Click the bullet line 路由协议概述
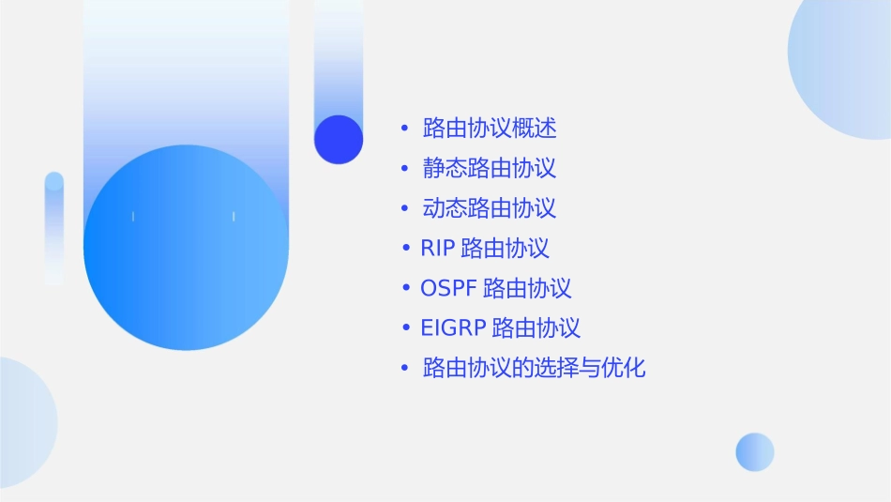coord(490,128)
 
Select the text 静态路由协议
coord(490,168)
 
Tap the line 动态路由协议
coord(490,207)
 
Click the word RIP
coord(437,249)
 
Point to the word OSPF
coord(448,288)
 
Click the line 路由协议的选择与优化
coord(535,368)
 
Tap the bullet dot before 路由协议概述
coord(403,128)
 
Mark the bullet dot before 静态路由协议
coord(403,168)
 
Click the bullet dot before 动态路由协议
coord(403,208)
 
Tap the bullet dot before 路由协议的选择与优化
coord(403,368)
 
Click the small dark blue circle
coord(339,139)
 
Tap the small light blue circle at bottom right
coord(755,451)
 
